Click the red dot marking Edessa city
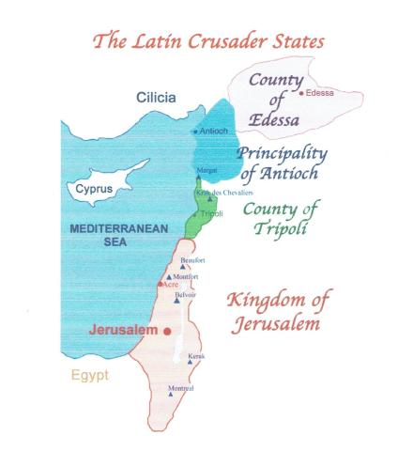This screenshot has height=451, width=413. click(300, 93)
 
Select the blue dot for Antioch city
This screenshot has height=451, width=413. click(194, 132)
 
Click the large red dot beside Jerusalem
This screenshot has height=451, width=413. click(167, 331)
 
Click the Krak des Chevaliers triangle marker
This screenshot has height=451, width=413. click(208, 200)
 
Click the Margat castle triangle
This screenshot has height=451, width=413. click(199, 179)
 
